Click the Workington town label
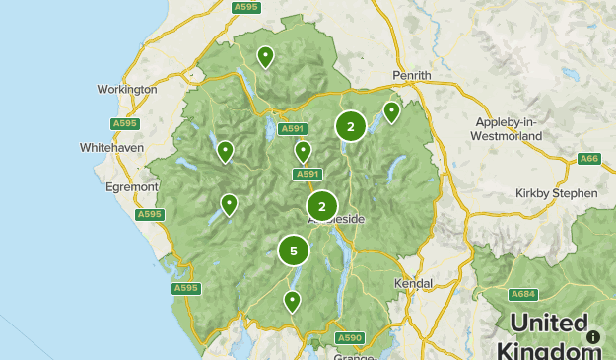[x=127, y=89]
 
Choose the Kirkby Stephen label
[x=556, y=193]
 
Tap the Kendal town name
[x=412, y=283]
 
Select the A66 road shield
[x=589, y=158]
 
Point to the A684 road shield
[x=523, y=295]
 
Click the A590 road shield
[x=350, y=338]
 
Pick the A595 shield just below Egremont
[x=150, y=214]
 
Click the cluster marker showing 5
[x=293, y=251]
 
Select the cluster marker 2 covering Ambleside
[x=322, y=207]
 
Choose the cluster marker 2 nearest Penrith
[x=351, y=126]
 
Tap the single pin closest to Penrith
[x=391, y=111]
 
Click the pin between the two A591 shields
[x=303, y=151]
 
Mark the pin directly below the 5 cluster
[x=292, y=301]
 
